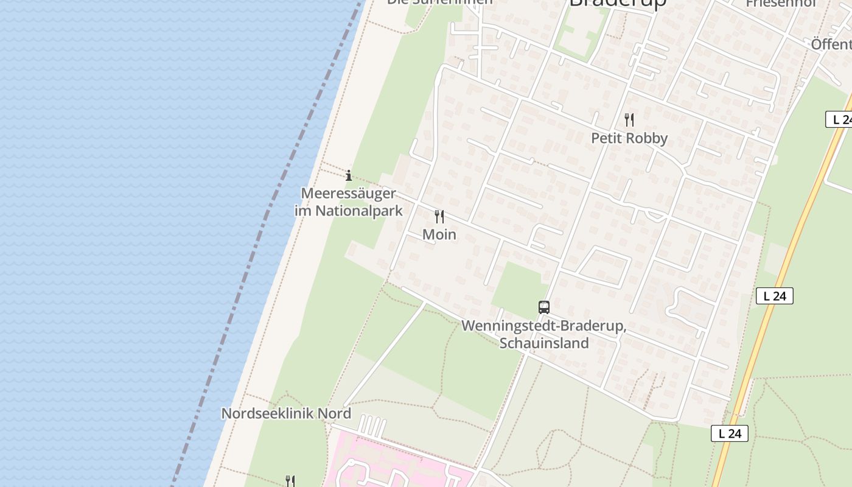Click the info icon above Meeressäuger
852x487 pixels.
point(349,176)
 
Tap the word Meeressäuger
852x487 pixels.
point(349,194)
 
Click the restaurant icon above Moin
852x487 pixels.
point(439,216)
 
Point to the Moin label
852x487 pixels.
point(439,234)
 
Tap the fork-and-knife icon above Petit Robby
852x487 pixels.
point(629,120)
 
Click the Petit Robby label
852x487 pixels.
point(629,138)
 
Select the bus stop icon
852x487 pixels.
point(544,307)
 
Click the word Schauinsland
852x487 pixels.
point(544,343)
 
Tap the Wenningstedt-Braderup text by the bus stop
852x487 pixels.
point(543,326)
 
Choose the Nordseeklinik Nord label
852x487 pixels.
point(286,413)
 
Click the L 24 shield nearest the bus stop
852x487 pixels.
point(775,296)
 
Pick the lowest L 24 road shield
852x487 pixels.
point(730,433)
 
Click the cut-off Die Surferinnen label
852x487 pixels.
point(440,2)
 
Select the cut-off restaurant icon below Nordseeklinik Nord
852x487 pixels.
point(290,482)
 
